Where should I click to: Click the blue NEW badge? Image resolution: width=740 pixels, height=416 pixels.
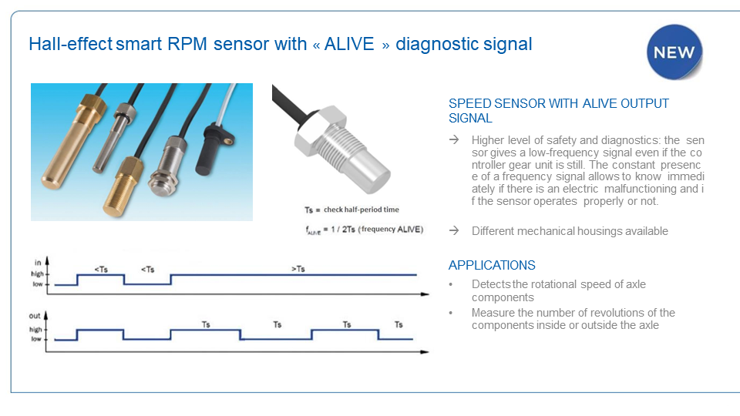[x=674, y=52]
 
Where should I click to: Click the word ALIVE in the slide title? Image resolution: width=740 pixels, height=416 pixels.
[x=349, y=44]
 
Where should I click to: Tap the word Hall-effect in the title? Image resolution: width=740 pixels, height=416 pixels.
[x=70, y=44]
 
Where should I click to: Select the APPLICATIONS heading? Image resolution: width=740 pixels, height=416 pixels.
[x=492, y=265]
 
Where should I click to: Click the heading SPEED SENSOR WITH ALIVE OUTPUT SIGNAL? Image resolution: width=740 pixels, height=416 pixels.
[x=559, y=111]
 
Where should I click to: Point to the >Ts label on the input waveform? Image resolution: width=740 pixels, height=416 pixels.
[x=298, y=269]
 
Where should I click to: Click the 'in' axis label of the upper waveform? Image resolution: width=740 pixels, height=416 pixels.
[x=38, y=263]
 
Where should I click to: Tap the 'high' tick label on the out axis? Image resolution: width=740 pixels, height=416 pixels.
[x=36, y=330]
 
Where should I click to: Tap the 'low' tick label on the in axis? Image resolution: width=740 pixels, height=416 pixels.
[x=36, y=284]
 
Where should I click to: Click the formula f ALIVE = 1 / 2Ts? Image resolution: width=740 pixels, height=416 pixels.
[x=363, y=229]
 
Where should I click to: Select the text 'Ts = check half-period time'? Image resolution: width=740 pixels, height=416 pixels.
[x=351, y=210]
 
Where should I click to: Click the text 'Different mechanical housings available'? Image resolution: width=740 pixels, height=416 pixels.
[x=570, y=231]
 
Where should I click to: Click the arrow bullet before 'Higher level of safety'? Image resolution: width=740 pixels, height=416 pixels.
[x=454, y=139]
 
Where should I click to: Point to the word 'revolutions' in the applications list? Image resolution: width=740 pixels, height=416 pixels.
[x=617, y=313]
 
